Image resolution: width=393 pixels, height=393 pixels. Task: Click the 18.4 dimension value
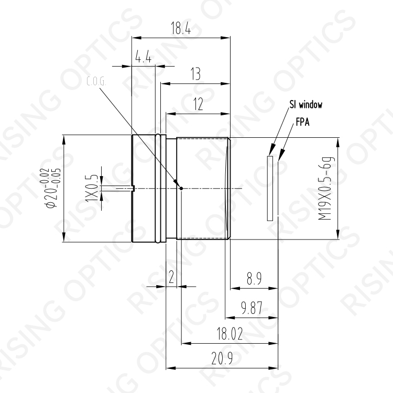(180, 28)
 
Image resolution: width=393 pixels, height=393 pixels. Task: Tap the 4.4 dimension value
(143, 57)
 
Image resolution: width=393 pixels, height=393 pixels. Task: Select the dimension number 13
(195, 74)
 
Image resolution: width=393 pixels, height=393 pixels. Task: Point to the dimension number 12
(198, 104)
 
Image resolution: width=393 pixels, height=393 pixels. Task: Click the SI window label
(306, 104)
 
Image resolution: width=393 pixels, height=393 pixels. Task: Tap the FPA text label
(302, 122)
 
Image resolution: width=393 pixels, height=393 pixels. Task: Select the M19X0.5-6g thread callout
(326, 188)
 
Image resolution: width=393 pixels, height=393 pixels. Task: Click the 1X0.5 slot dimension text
(91, 189)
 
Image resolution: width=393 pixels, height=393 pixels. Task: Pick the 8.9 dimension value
(254, 278)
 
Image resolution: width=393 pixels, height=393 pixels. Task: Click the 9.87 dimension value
(252, 308)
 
